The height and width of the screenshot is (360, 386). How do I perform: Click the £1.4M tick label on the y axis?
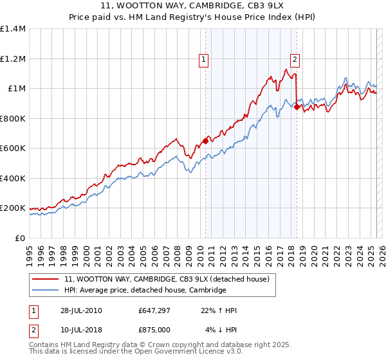pos(13,29)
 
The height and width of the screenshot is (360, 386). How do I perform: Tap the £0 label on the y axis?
pos(20,238)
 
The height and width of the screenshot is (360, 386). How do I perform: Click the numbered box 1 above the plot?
pos(203,60)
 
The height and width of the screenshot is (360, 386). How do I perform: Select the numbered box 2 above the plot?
pos(295,60)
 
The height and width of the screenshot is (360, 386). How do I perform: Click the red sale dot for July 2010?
pos(205,141)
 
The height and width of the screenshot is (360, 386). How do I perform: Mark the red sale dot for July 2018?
pos(297,107)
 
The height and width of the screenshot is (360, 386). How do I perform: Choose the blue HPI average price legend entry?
pos(145,291)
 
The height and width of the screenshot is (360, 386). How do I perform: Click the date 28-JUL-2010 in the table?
pos(79,311)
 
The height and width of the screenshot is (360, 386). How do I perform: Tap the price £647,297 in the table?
pos(153,311)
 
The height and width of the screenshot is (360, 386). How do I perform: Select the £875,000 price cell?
pos(153,330)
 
